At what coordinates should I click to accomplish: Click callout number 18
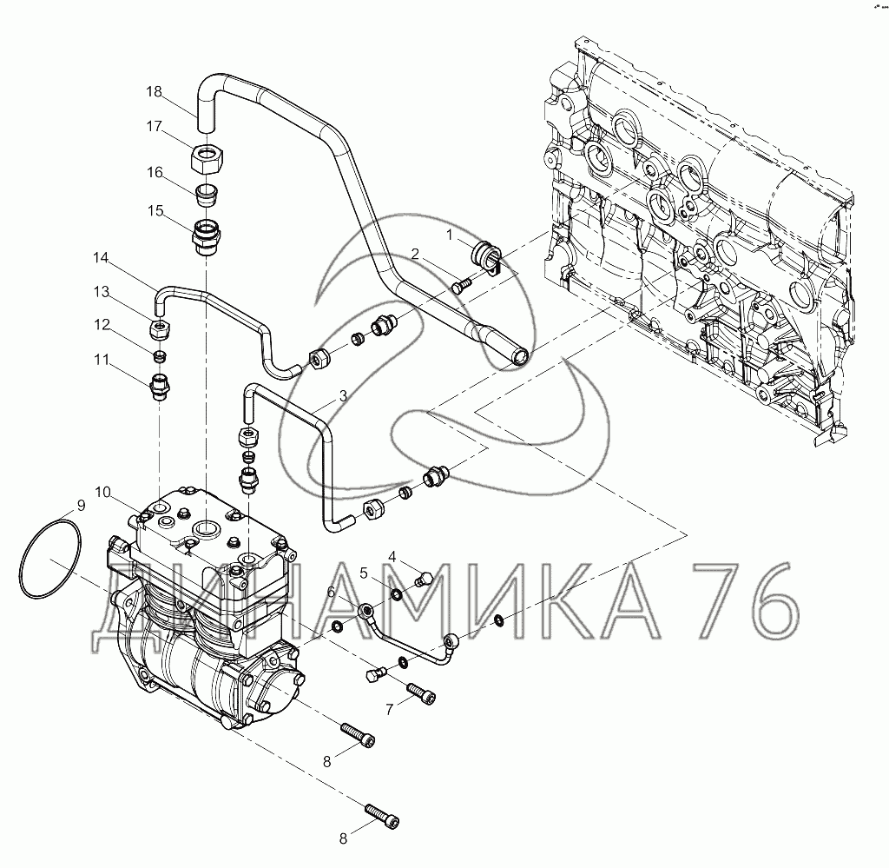click(x=155, y=92)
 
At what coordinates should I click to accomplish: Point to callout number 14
click(x=101, y=258)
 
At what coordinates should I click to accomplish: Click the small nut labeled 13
click(x=161, y=329)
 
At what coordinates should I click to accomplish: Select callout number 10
click(x=103, y=492)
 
